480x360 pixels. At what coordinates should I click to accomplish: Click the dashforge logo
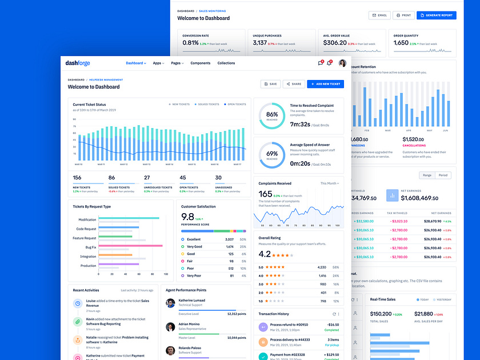tap(78, 63)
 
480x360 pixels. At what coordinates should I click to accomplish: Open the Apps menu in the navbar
tap(158, 63)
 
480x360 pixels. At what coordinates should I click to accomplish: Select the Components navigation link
tap(200, 63)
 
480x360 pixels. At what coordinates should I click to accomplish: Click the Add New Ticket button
tap(325, 84)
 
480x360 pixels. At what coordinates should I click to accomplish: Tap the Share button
tap(294, 84)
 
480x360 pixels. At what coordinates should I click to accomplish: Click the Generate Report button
tap(436, 15)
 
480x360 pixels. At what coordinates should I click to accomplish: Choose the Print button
tap(403, 15)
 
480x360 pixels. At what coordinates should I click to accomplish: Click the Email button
tap(379, 15)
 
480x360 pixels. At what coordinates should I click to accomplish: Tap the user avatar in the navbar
tap(342, 63)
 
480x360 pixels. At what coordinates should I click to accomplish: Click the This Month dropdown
tap(330, 183)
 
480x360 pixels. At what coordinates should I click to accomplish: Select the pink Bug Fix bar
tap(131, 246)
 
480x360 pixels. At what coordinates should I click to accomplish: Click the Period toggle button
tap(442, 175)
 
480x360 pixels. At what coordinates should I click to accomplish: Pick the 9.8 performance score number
tap(187, 217)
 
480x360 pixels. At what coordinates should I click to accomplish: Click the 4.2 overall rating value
tap(265, 254)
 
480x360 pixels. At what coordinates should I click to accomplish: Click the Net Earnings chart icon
tap(392, 195)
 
